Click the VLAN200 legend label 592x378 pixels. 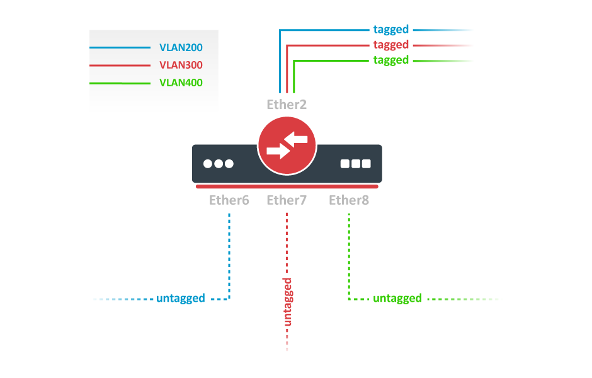(x=181, y=47)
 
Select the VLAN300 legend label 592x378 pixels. (x=181, y=65)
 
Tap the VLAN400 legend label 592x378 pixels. (x=181, y=83)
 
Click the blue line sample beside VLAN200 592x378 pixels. (x=119, y=47)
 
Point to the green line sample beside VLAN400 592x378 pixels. (x=119, y=83)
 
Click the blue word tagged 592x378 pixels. (x=390, y=29)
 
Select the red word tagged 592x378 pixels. (x=390, y=45)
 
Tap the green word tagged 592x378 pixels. (x=390, y=60)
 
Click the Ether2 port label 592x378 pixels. (x=287, y=105)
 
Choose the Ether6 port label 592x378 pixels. (x=229, y=200)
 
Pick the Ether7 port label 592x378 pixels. (x=287, y=200)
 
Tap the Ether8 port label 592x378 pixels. (x=349, y=200)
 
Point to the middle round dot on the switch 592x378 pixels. (x=219, y=164)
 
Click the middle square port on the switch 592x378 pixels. (x=356, y=164)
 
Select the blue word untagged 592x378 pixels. (x=181, y=298)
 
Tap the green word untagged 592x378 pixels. (x=397, y=298)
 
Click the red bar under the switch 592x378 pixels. (x=287, y=186)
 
